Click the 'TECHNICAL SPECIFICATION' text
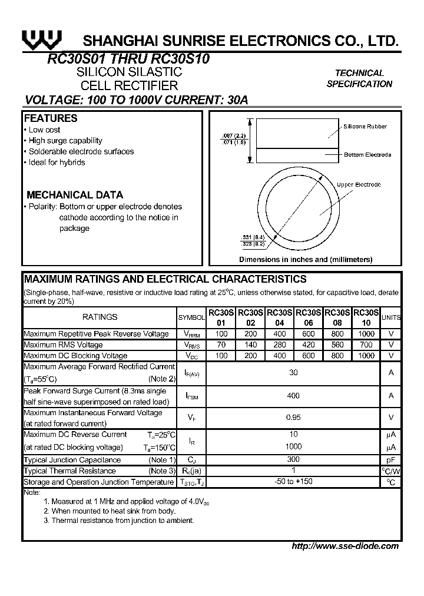click(359, 78)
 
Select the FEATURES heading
click(51, 118)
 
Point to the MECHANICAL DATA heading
click(75, 195)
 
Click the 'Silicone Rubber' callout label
click(365, 127)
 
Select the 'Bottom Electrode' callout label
click(367, 155)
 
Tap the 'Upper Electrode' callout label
click(359, 185)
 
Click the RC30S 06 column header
click(308, 317)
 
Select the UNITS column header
click(391, 317)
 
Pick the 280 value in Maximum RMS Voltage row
click(280, 345)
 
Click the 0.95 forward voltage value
click(293, 418)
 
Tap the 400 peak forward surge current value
click(293, 396)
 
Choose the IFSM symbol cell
click(191, 396)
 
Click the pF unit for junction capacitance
click(391, 460)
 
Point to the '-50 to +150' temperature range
click(293, 482)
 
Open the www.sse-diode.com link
click(345, 546)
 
